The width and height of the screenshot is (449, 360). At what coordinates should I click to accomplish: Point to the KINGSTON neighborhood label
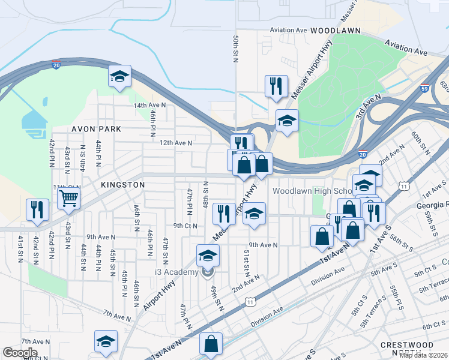point(122,185)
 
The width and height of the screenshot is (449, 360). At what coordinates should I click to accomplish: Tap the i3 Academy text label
point(176,272)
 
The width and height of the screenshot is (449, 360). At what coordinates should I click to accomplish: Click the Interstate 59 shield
point(425,88)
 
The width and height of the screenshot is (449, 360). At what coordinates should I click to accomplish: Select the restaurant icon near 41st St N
point(37,209)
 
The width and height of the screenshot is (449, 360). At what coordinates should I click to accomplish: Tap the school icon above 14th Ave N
point(119,76)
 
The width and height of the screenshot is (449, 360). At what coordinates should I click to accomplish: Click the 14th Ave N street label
point(149,105)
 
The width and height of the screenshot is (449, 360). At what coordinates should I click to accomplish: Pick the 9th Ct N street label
point(185,226)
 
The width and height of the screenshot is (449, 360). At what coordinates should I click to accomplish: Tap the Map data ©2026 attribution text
point(423,355)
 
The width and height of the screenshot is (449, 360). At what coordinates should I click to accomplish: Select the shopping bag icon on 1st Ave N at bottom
point(211,344)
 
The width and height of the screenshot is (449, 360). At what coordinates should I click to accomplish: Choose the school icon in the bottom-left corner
point(106,341)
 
